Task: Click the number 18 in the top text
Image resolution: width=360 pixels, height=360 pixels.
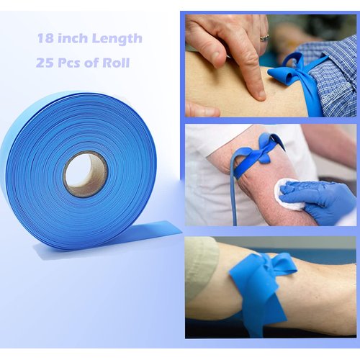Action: click(45, 38)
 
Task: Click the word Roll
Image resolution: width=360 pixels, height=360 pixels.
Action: click(116, 62)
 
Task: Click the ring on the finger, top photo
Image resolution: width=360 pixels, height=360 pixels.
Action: click(264, 37)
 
